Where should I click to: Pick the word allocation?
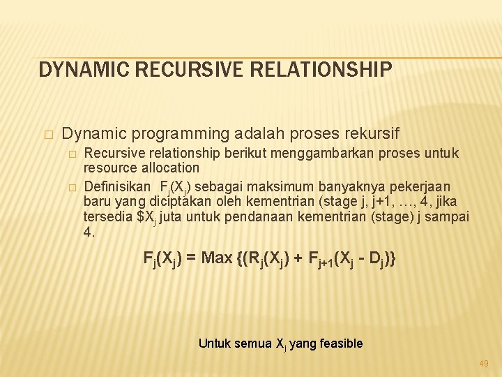172,168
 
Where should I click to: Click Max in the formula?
217,258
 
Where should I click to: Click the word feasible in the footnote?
339,343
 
